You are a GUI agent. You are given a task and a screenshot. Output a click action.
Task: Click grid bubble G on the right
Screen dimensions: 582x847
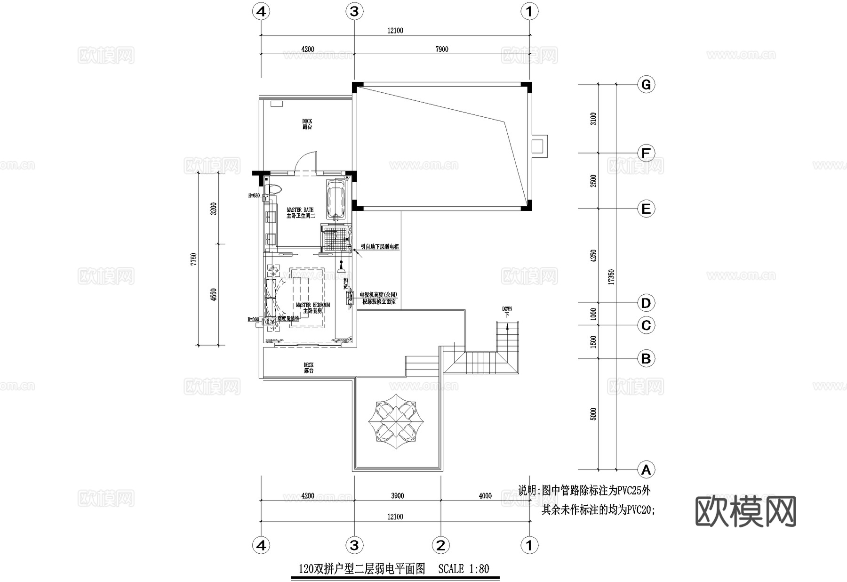(646, 85)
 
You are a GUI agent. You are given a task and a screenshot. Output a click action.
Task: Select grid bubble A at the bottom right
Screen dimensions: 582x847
(646, 469)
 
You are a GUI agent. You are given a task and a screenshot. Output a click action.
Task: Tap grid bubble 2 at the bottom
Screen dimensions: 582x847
(440, 545)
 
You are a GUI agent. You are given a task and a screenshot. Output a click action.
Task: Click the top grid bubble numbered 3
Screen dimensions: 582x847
(354, 11)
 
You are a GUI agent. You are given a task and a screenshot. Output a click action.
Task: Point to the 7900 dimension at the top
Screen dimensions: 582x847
(442, 49)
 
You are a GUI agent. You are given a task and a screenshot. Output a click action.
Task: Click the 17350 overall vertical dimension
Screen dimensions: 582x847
(611, 277)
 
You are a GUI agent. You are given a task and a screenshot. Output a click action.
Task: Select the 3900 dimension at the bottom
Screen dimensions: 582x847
(397, 496)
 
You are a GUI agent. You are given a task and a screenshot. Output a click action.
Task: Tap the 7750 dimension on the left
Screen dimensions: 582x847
(193, 259)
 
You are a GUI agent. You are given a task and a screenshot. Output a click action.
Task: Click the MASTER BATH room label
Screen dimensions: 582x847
(300, 212)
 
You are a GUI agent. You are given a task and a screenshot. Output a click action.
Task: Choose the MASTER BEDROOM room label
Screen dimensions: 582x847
(312, 308)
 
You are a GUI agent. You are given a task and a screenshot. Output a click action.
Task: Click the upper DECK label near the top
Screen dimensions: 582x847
(307, 124)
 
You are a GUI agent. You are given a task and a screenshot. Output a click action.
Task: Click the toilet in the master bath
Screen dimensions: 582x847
(273, 189)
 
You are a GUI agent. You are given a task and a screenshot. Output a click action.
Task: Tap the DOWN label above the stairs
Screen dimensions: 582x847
(507, 311)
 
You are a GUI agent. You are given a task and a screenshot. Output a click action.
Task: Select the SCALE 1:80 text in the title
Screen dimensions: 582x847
(463, 569)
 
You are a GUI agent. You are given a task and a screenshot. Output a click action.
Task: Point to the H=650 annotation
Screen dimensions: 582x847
(254, 195)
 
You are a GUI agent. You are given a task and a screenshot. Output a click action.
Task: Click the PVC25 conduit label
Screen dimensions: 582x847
(346, 283)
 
